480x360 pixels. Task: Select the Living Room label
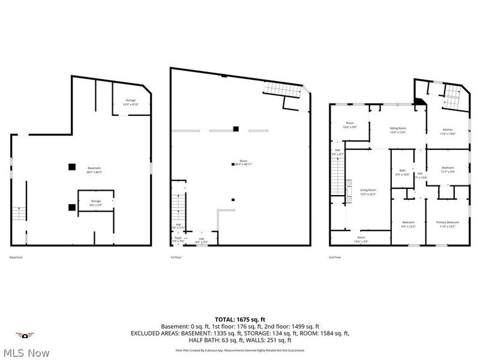(368, 192)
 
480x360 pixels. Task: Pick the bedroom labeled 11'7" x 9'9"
(448, 170)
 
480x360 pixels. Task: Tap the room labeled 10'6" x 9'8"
(349, 125)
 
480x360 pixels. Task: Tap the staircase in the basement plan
(19, 213)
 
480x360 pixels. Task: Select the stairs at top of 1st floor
(281, 90)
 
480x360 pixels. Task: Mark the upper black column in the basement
(71, 167)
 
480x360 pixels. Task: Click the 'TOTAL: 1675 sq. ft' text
(240, 319)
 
